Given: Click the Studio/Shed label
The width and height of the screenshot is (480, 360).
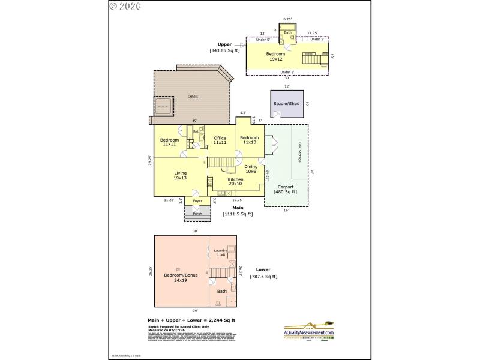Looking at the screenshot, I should pos(286,103).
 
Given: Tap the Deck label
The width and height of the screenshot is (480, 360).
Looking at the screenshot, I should pos(193,97).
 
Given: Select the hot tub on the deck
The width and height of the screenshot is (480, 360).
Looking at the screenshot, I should pos(163,106).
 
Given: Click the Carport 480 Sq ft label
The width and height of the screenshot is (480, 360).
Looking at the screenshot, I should pos(286,189).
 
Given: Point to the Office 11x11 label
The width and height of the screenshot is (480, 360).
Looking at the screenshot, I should pos(220,140).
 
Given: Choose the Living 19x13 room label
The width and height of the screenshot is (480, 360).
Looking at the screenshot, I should pos(180,175).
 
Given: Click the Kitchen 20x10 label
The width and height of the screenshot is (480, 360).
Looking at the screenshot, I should pos(235,182).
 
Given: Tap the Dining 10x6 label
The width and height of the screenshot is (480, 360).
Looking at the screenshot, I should pos(251,169).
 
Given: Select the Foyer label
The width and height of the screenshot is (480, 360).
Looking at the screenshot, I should pos(197,200).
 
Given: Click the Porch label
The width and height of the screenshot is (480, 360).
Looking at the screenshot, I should pos(197,213).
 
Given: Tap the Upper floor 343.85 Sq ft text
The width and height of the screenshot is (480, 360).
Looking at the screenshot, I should pos(224,47).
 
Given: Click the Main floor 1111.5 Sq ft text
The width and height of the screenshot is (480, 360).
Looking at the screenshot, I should pos(238,211).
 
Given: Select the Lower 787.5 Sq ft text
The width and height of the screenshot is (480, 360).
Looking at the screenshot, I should pos(263,273).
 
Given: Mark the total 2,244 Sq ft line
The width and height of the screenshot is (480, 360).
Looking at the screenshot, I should pos(191,320).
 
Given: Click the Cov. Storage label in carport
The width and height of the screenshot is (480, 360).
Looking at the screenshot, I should pos(299,151).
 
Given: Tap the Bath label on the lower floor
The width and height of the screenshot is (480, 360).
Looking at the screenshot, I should pos(222,292).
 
